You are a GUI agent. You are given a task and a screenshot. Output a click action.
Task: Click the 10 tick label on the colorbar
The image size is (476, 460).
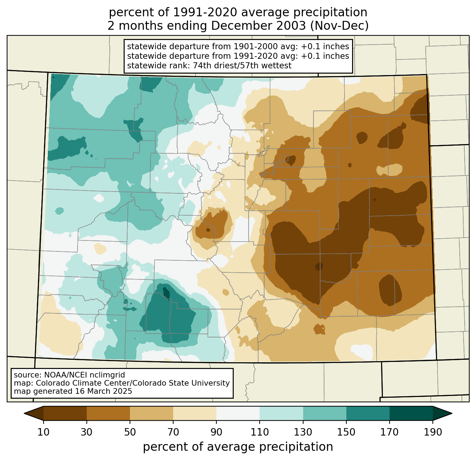[44, 432]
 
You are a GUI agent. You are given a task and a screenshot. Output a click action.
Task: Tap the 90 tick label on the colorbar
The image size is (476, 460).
[216, 432]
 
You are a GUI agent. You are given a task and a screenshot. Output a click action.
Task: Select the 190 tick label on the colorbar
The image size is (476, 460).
[433, 432]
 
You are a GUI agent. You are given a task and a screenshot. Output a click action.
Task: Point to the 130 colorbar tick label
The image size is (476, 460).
[303, 432]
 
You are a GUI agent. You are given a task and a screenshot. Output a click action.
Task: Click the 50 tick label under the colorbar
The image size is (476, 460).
[130, 432]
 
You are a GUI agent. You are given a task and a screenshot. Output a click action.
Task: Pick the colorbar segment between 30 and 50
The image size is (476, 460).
[108, 413]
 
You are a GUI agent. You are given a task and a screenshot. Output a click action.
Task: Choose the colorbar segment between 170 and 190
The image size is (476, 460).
[411, 413]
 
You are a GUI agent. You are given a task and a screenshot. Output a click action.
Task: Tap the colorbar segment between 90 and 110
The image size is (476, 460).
[238, 413]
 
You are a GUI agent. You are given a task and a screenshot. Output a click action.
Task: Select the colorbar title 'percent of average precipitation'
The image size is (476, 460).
[238, 447]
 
